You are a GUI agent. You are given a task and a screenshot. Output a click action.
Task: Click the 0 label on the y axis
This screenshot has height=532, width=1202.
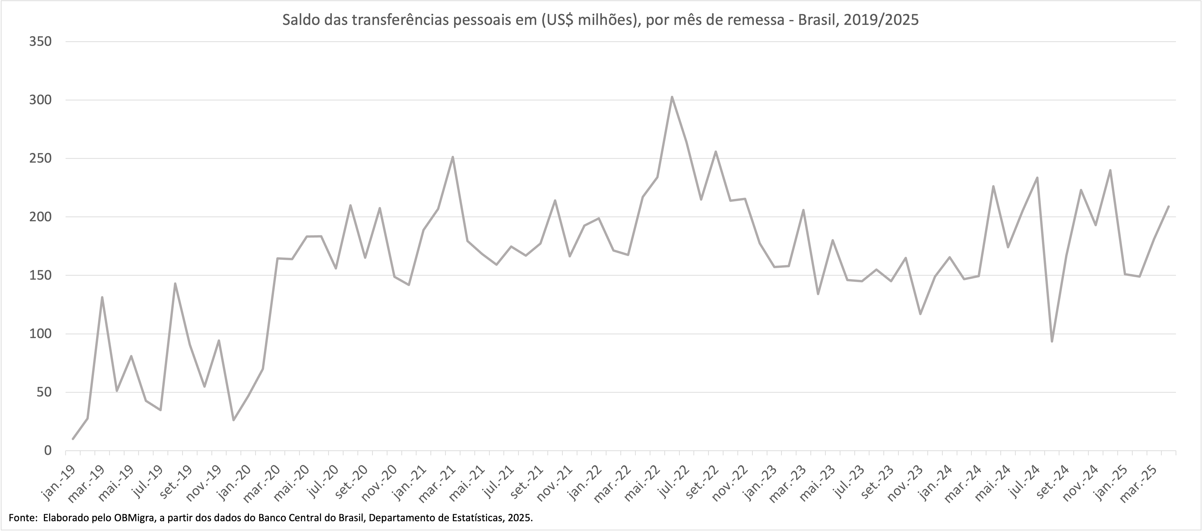(x=47, y=451)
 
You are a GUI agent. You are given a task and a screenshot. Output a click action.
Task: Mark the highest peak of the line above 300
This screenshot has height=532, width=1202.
(x=671, y=97)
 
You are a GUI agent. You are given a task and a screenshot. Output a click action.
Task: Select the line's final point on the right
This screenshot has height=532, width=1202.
(x=1168, y=206)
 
